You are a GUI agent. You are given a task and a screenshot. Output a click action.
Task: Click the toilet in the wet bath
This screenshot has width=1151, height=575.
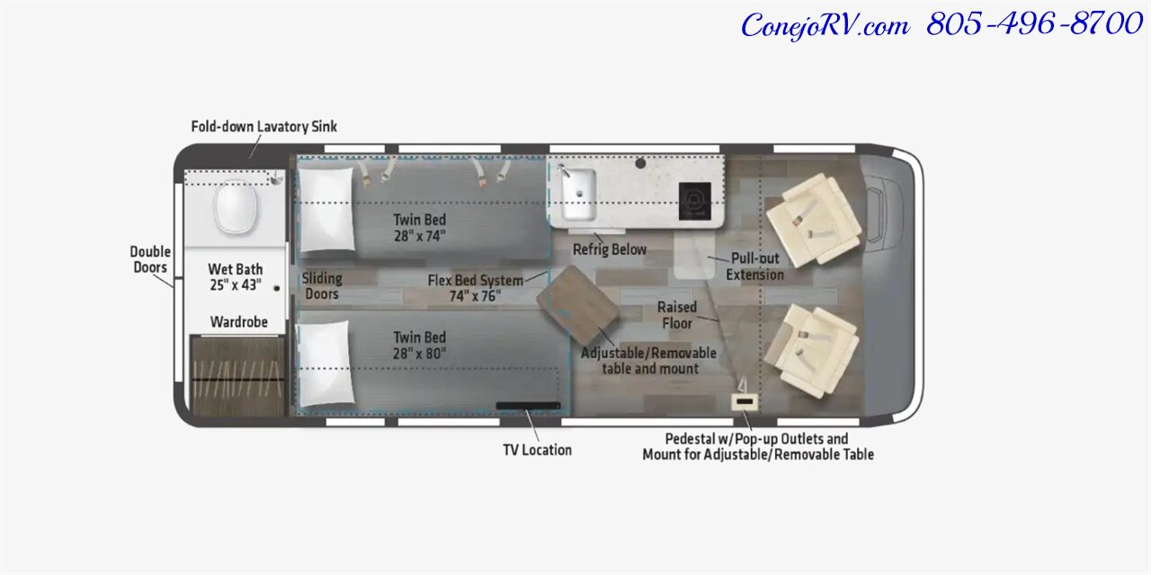pyautogui.click(x=236, y=207)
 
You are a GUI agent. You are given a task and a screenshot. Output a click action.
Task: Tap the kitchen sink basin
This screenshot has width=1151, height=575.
pyautogui.click(x=578, y=194)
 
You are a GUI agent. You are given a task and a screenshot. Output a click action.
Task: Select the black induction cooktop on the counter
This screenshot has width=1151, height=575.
pyautogui.click(x=695, y=201)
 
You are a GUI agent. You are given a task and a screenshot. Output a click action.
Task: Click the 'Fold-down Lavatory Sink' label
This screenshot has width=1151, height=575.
pyautogui.click(x=264, y=127)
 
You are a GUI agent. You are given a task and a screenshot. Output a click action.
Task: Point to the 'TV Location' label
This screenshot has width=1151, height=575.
pyautogui.click(x=538, y=450)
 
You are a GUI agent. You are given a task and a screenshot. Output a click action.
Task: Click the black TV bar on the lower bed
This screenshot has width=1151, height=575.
pyautogui.click(x=528, y=406)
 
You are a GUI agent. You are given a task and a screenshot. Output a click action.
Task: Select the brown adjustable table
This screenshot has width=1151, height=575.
pyautogui.click(x=577, y=306)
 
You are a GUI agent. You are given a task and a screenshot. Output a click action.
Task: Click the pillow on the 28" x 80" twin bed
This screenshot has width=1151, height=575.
pyautogui.click(x=326, y=364)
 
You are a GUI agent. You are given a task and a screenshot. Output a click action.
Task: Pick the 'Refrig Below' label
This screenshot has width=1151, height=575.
pyautogui.click(x=610, y=249)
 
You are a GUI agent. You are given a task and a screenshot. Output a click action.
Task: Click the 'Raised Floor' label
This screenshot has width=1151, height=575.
pyautogui.click(x=677, y=315)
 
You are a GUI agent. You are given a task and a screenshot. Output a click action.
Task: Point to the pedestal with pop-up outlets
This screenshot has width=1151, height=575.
pyautogui.click(x=745, y=401)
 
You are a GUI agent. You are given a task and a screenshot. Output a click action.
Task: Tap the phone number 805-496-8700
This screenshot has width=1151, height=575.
pyautogui.click(x=1035, y=23)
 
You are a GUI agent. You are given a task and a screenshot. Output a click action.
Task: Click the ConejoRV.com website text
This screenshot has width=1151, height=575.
pyautogui.click(x=825, y=26)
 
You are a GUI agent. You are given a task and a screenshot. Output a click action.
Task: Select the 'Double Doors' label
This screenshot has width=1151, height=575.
pyautogui.click(x=150, y=260)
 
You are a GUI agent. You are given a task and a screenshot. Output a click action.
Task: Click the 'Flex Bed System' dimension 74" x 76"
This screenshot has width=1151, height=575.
pyautogui.click(x=475, y=297)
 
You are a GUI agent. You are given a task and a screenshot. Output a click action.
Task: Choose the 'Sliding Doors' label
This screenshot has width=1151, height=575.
pyautogui.click(x=322, y=286)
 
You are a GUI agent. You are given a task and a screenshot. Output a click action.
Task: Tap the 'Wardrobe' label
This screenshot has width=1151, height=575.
pyautogui.click(x=239, y=322)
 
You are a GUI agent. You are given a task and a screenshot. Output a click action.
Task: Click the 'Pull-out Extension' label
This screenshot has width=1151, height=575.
pyautogui.click(x=754, y=266)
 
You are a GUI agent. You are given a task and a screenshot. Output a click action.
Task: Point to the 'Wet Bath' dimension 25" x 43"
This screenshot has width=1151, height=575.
pyautogui.click(x=236, y=285)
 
